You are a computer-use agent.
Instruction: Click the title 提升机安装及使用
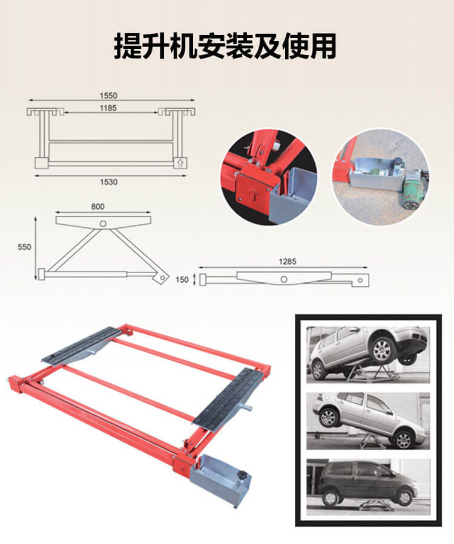225,46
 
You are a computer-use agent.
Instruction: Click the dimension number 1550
108,96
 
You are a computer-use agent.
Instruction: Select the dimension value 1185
108,108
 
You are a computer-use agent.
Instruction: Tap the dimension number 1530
109,182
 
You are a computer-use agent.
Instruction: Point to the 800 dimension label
98,207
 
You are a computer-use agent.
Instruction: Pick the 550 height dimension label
24,247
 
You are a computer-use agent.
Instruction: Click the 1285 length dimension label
288,261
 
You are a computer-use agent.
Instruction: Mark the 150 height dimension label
182,280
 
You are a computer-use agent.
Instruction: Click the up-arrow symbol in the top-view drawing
180,163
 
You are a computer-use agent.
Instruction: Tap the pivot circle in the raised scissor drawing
103,224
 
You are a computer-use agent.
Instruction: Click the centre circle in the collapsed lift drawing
284,279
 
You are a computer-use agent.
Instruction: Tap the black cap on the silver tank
241,474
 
